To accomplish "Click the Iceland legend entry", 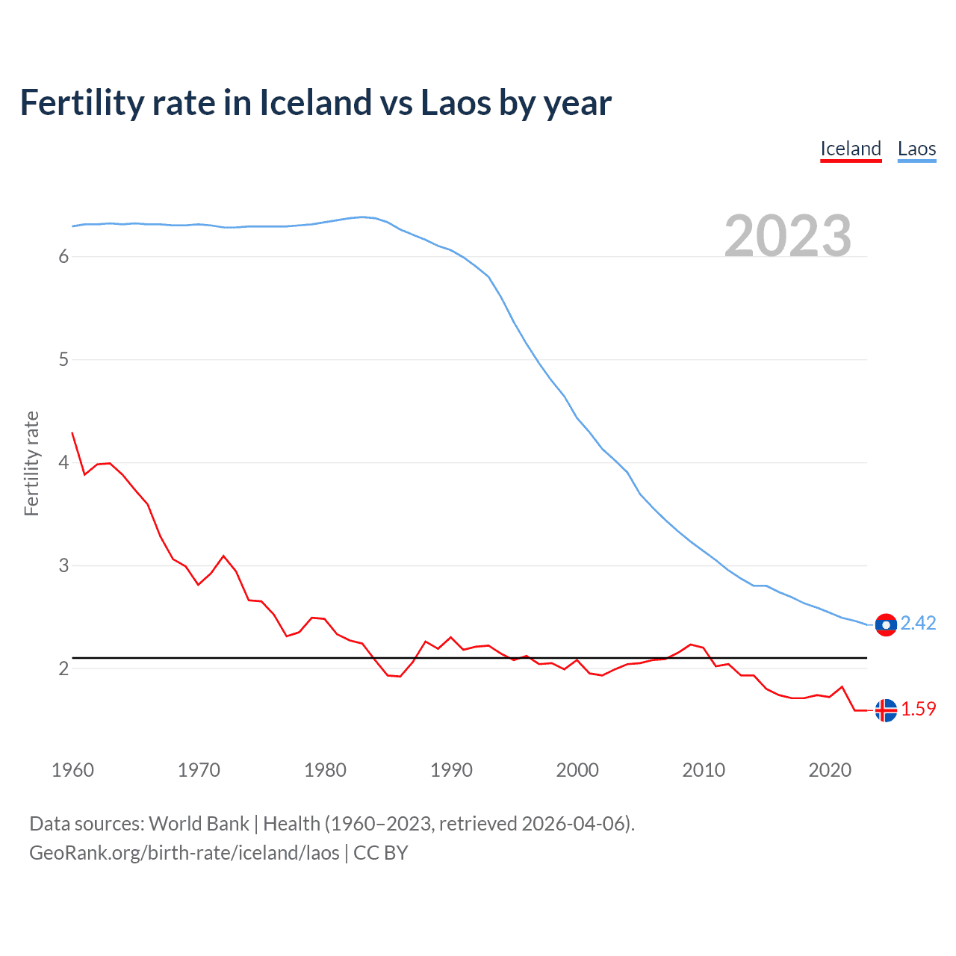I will coord(851,149).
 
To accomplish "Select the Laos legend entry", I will coord(916,149).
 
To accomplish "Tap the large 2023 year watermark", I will coord(788,236).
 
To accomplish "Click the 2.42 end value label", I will coord(918,623).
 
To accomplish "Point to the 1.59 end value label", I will coord(918,709).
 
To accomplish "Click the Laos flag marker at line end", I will coord(886,625).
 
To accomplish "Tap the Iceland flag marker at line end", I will coord(886,710).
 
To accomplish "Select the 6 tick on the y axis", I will coord(63,256).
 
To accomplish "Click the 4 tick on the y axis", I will coord(63,462).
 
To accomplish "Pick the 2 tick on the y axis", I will coord(63,668).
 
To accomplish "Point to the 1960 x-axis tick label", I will coord(72,770).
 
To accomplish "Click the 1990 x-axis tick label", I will coord(451,770).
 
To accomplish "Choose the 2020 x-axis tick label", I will coord(830,770).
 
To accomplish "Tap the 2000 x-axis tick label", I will coord(577,770).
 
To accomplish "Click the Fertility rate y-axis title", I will coord(31,463).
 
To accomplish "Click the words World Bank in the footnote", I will coord(199,824).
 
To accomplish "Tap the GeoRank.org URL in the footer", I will coord(184,853).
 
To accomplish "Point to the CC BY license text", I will coord(381,853).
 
